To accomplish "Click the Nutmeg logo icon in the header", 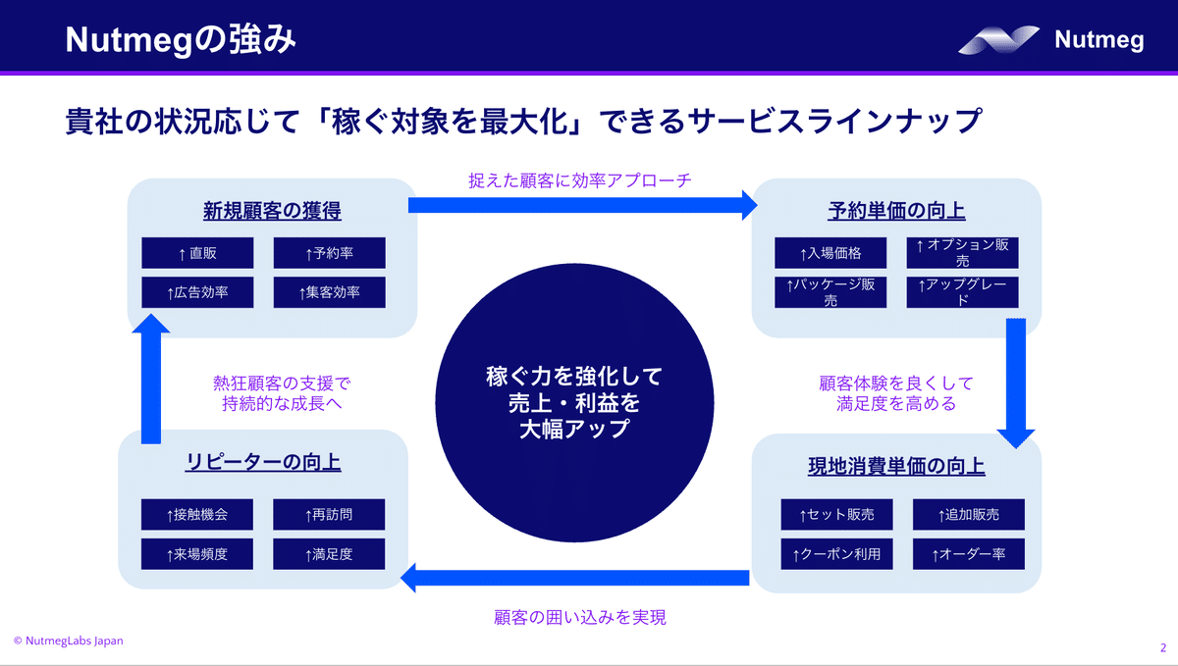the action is [x=998, y=40].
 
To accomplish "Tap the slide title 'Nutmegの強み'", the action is [x=181, y=40].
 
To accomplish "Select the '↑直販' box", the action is [x=197, y=253].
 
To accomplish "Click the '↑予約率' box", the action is [x=329, y=253].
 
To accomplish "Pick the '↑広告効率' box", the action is [x=197, y=292].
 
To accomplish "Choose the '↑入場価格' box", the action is [x=830, y=253].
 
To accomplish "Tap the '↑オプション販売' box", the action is [x=962, y=253].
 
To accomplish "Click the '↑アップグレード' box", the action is [x=962, y=292].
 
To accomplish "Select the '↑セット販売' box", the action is [x=836, y=514].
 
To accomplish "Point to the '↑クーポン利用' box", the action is [x=836, y=554].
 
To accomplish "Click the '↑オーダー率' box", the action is [x=969, y=554].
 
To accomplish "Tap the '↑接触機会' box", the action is [x=197, y=514].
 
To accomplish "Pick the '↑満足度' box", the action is [x=329, y=554].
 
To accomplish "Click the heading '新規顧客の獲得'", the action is [x=272, y=211].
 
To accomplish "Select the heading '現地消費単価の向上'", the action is [x=896, y=466].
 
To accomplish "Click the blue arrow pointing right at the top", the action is [x=583, y=205].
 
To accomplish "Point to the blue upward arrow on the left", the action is [x=151, y=379].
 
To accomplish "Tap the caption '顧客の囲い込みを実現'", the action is [x=580, y=617].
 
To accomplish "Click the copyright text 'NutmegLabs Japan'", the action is [x=75, y=640].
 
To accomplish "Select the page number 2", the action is [x=1162, y=648].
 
